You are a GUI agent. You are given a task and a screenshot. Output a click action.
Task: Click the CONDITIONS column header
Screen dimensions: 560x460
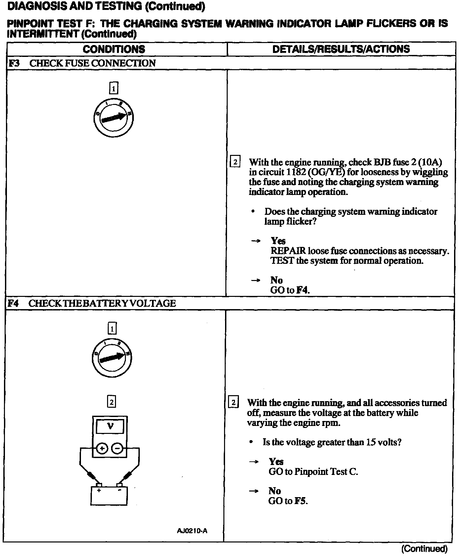point(114,49)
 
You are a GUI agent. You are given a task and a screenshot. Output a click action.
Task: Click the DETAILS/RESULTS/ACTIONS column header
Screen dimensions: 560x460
point(341,49)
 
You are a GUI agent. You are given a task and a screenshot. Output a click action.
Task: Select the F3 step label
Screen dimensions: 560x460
point(14,63)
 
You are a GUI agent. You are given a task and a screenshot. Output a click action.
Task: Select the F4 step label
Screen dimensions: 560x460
point(13,303)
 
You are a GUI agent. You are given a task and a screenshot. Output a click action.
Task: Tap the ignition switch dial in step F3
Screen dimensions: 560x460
point(113,118)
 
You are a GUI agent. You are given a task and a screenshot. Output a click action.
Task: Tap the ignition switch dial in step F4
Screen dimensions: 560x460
point(112,358)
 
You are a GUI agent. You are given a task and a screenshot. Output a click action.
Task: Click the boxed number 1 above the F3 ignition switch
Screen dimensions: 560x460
point(113,88)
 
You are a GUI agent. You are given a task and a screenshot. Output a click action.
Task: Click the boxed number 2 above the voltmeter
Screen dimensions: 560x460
point(112,402)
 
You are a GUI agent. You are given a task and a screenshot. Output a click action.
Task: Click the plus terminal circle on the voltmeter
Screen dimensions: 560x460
point(102,448)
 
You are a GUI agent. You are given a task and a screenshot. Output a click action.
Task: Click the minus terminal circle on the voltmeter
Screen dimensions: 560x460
point(117,448)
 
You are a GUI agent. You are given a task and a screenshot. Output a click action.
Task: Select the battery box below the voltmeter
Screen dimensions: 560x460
point(109,495)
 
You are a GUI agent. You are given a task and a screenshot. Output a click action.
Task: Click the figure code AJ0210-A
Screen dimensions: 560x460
point(192,531)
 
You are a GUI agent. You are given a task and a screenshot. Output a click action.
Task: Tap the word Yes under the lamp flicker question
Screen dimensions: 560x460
point(278,241)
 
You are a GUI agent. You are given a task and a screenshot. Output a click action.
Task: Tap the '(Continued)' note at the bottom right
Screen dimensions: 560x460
point(424,549)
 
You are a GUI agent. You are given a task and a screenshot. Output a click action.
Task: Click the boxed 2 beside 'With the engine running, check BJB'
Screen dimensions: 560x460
point(235,162)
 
